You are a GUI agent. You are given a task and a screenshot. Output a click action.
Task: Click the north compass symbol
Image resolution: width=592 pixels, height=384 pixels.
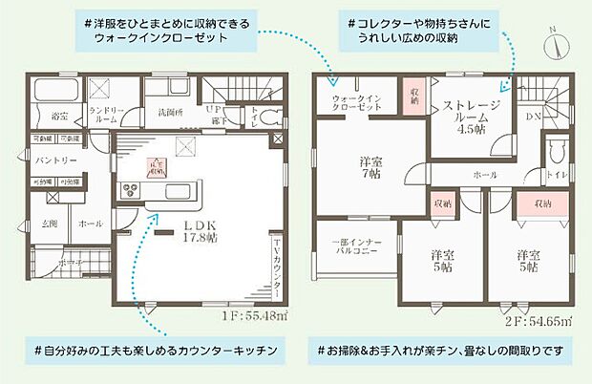[555, 42]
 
